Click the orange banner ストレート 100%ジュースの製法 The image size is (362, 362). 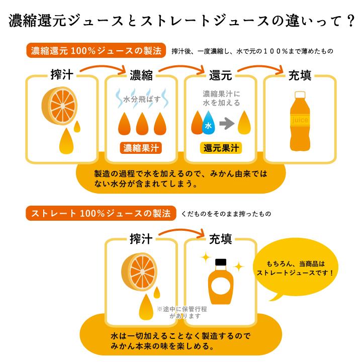[101, 213]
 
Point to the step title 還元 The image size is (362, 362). [221, 76]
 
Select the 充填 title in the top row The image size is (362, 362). [299, 76]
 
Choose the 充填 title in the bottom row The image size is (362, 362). [221, 238]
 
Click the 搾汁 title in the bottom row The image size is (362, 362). [141, 238]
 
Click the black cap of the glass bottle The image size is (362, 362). [221, 262]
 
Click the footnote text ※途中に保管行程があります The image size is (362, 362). [182, 313]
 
